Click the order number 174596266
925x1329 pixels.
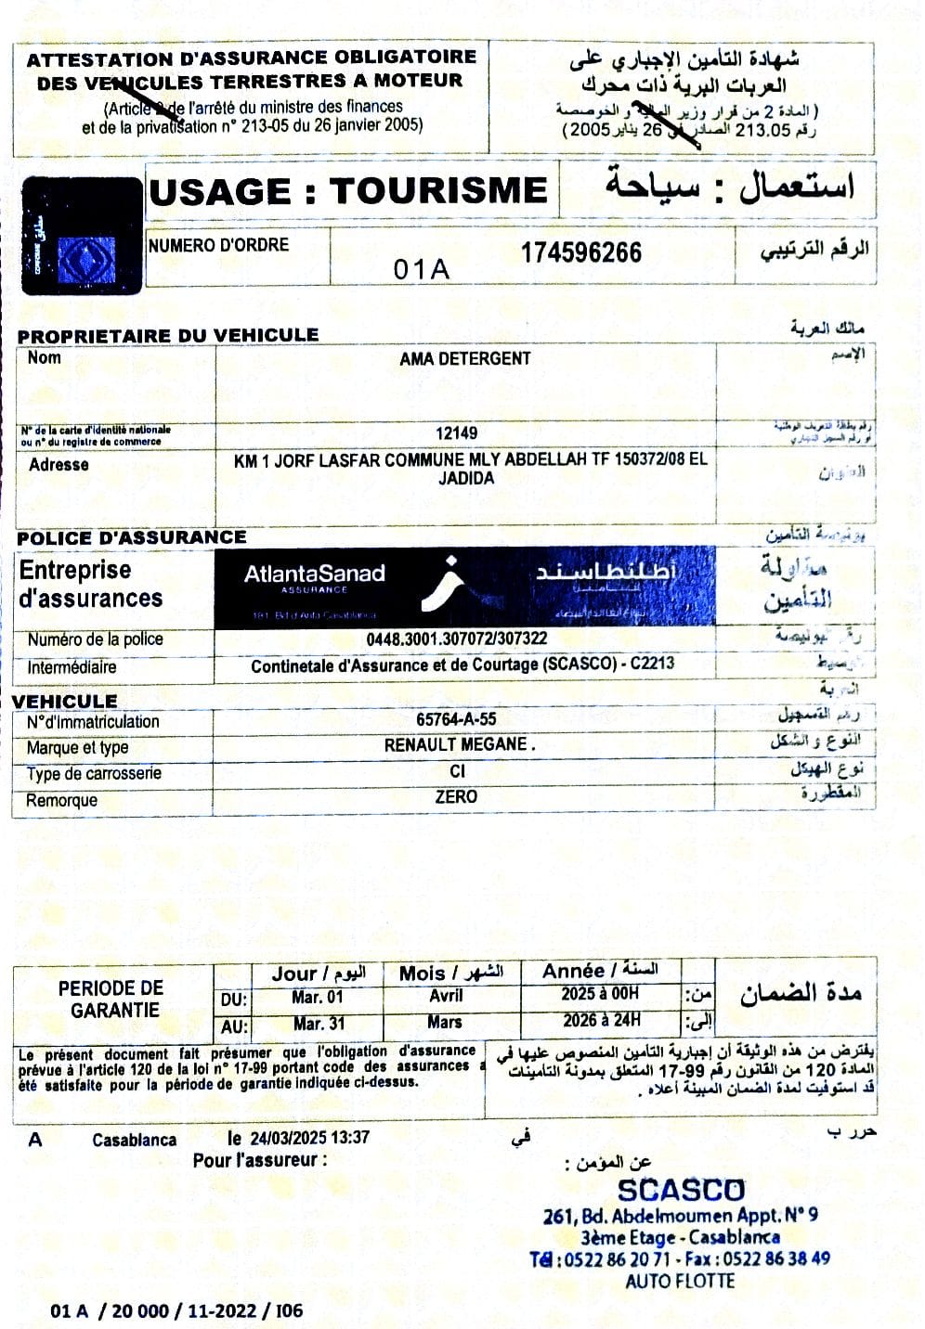pos(580,253)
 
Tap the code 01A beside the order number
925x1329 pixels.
pos(421,269)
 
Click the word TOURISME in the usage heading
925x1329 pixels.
pos(438,191)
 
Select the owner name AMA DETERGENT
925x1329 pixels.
pos(464,358)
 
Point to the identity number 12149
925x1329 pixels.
pos(456,432)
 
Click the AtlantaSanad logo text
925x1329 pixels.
pos(314,574)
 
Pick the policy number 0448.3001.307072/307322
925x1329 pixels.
pos(456,639)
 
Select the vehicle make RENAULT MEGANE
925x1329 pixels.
pos(460,744)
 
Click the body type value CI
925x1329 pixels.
pos(457,771)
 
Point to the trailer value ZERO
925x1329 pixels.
pos(456,796)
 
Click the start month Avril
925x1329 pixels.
pos(446,996)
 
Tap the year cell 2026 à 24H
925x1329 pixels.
pos(601,1021)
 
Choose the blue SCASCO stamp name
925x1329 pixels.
pos(681,1191)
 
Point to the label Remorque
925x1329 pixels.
pos(61,800)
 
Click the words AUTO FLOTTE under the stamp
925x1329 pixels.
pos(680,1282)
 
